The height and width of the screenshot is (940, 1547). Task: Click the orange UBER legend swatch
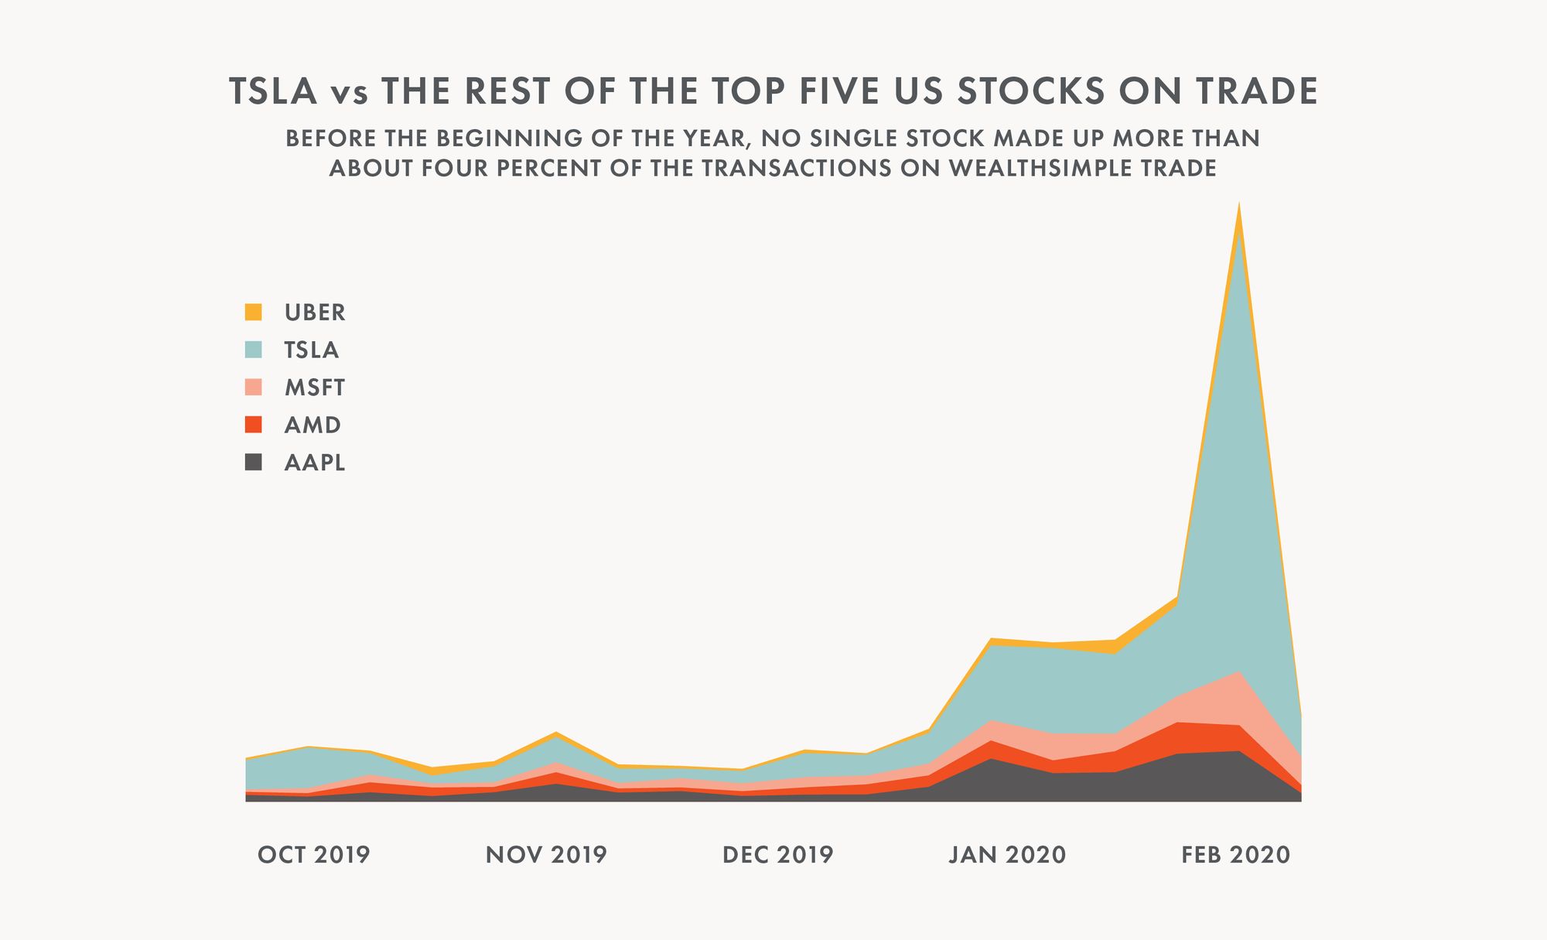tap(254, 313)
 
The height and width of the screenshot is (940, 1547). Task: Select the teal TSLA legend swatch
tap(254, 350)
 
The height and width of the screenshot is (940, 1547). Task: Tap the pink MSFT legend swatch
tap(254, 387)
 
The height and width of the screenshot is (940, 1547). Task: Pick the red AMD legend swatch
tap(254, 425)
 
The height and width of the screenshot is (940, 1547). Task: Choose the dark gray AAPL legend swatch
tap(254, 463)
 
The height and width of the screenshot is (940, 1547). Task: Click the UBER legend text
tap(315, 313)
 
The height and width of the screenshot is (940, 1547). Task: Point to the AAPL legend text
tap(315, 463)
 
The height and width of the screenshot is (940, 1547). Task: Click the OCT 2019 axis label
tap(314, 855)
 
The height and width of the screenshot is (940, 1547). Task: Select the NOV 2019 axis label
tap(546, 855)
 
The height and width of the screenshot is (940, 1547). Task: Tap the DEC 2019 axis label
tap(778, 855)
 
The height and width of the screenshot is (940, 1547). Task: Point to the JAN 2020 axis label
tap(1008, 855)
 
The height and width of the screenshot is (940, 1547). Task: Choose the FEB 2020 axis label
tap(1236, 855)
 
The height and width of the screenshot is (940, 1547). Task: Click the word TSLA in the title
tap(274, 91)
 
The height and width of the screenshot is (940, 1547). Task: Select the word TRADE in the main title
tap(1256, 91)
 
